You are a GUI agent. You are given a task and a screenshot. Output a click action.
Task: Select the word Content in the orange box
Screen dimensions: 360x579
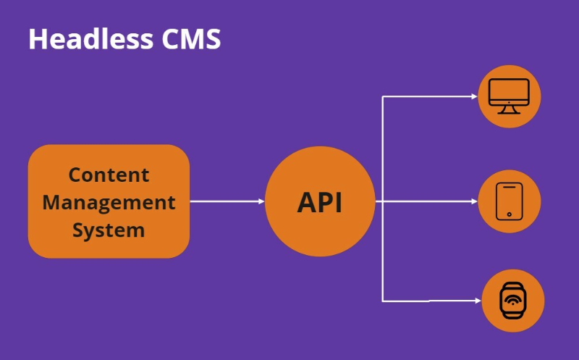(109, 175)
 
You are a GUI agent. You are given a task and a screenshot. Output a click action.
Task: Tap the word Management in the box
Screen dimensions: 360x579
(109, 202)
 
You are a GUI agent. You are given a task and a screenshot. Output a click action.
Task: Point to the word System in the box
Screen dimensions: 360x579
(109, 230)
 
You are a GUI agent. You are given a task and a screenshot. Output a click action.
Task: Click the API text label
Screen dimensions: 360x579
(319, 203)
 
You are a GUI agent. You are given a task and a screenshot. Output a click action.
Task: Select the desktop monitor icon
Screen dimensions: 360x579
(509, 96)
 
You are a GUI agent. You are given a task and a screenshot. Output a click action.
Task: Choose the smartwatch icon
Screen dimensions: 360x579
(512, 300)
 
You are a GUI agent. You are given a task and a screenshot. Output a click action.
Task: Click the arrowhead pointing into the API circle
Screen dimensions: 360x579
(261, 201)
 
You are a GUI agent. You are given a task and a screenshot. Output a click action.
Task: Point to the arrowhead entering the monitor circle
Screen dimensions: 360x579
(475, 96)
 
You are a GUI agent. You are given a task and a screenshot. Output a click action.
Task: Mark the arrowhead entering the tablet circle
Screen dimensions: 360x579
(475, 201)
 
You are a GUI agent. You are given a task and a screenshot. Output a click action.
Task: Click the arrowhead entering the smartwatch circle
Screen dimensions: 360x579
(478, 300)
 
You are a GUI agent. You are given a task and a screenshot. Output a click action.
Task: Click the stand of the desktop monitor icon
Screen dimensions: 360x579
(509, 109)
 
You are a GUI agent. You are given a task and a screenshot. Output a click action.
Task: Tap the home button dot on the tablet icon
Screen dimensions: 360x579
(509, 214)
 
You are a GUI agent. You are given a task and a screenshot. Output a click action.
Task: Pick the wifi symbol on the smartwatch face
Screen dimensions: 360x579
(512, 300)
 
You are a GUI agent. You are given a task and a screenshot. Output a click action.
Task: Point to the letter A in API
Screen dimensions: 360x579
(307, 203)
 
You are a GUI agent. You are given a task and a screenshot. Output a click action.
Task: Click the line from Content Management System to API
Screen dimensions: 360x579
(224, 201)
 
